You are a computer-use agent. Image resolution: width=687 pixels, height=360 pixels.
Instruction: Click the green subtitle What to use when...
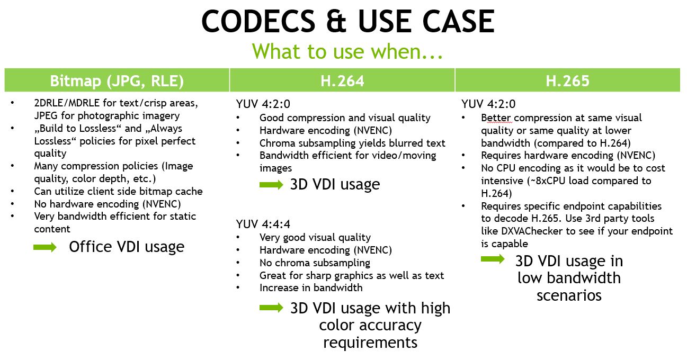click(x=347, y=51)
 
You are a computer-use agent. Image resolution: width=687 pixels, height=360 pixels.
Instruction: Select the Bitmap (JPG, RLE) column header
click(x=117, y=80)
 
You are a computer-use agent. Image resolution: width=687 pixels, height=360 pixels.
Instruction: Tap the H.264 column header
click(x=342, y=81)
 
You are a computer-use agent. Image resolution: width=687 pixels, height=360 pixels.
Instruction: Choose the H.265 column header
click(x=567, y=81)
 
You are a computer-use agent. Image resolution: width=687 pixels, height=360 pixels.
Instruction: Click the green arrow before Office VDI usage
click(x=45, y=247)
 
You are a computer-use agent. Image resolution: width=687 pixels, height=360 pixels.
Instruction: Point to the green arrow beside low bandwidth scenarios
click(x=493, y=259)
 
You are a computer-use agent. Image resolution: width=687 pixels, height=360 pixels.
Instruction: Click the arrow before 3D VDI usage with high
click(x=271, y=308)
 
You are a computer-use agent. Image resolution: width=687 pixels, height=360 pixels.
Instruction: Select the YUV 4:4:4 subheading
click(x=263, y=224)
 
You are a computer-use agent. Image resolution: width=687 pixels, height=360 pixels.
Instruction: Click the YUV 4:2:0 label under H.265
click(x=488, y=104)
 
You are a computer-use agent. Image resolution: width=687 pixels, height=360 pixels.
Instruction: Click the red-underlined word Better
click(x=496, y=118)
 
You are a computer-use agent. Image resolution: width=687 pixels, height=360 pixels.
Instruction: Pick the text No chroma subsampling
click(x=315, y=263)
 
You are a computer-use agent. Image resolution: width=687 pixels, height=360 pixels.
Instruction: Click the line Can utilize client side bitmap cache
click(x=119, y=191)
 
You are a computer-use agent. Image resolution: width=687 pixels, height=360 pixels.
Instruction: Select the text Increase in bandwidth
click(x=311, y=287)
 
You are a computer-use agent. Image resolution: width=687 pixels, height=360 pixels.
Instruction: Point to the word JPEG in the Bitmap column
click(x=46, y=115)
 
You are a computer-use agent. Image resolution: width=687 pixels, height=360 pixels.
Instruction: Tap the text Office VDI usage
click(x=127, y=247)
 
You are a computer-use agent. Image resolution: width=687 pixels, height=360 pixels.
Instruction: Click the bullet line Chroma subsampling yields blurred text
click(x=352, y=143)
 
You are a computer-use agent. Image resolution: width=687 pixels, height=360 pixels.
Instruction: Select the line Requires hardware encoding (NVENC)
click(x=568, y=156)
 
